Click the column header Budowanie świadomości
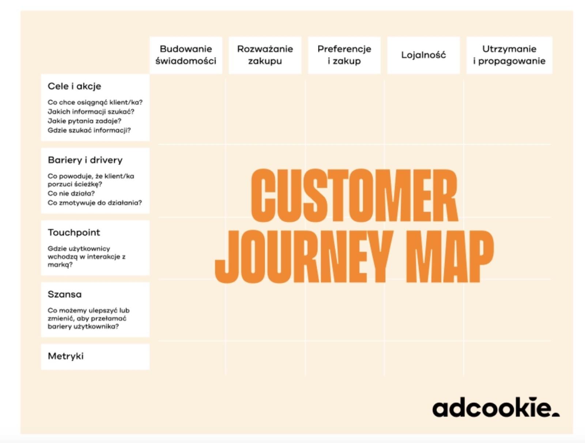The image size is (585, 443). click(186, 55)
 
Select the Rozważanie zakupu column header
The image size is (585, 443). click(265, 55)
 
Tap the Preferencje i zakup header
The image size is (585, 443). click(344, 55)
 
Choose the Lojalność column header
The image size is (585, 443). click(423, 55)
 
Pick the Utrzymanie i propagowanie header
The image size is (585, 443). click(509, 55)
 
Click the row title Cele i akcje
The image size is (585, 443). click(74, 86)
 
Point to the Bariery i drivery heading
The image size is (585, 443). click(85, 160)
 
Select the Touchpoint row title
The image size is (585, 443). click(74, 232)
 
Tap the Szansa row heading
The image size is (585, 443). click(64, 294)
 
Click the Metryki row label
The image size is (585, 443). click(65, 356)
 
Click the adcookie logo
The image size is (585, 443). click(496, 407)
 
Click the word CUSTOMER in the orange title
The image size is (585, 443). click(354, 195)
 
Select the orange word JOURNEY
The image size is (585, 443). click(304, 257)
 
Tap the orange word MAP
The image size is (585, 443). click(449, 257)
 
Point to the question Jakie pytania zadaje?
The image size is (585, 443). click(84, 121)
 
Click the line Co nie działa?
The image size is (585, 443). click(71, 193)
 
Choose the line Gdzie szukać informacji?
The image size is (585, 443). click(89, 130)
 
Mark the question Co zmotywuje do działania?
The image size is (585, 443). click(95, 203)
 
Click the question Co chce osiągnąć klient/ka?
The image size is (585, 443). click(95, 102)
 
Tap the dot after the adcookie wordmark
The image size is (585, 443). click(556, 414)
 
